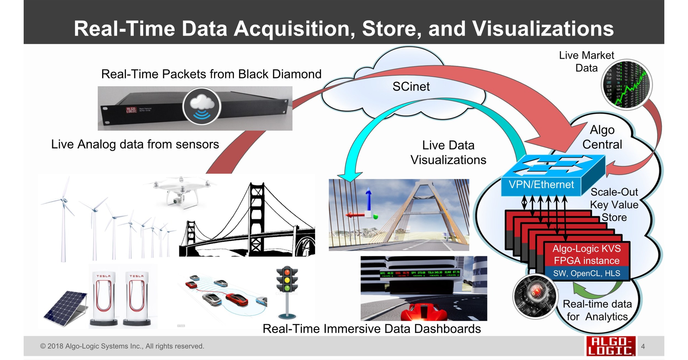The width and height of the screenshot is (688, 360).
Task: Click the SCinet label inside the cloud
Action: [x=411, y=87]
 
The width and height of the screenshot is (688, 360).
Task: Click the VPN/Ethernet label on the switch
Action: [x=541, y=185]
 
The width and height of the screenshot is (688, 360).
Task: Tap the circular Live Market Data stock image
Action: [x=626, y=84]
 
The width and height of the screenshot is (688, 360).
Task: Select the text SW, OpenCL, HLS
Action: [x=587, y=273]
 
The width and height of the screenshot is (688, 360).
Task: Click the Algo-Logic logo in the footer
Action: [x=610, y=346]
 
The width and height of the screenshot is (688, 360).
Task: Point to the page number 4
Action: [x=643, y=346]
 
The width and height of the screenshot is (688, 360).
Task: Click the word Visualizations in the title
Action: [x=543, y=29]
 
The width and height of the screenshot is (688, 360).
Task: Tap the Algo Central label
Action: [x=602, y=137]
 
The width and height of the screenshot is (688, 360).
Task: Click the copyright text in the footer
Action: [x=122, y=346]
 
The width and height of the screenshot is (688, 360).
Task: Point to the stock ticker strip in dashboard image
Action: [x=420, y=273]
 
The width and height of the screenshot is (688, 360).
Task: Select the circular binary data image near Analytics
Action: [x=535, y=296]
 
